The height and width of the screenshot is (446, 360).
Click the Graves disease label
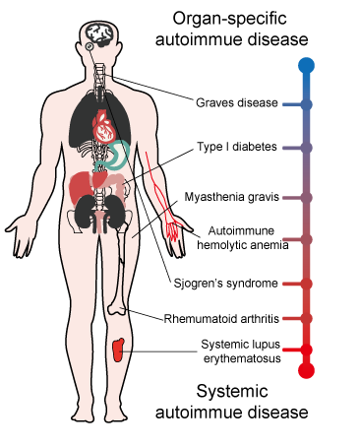[237, 102]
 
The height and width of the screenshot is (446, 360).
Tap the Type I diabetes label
[237, 147]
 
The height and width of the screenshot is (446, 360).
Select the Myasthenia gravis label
[231, 197]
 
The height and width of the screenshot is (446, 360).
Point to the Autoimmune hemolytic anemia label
[242, 238]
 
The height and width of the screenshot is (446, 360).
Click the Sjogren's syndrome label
[225, 284]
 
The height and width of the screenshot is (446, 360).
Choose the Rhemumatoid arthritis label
[221, 319]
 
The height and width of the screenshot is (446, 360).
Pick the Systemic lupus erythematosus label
[242, 351]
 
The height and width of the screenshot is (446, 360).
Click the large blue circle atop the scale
[306, 65]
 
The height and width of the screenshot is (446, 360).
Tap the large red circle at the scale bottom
[306, 370]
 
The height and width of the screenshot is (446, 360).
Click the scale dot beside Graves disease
[306, 104]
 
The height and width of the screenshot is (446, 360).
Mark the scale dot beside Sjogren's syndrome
[306, 284]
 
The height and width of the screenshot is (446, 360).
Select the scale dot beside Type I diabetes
[306, 148]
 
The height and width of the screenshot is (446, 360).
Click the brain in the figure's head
[100, 34]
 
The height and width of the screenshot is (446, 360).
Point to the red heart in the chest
[103, 126]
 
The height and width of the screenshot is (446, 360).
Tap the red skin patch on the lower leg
[118, 350]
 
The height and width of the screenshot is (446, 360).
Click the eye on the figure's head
[90, 46]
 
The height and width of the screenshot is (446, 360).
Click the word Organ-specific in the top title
[229, 19]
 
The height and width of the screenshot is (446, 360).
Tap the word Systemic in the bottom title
[232, 391]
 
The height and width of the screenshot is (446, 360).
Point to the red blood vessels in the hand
[172, 229]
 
